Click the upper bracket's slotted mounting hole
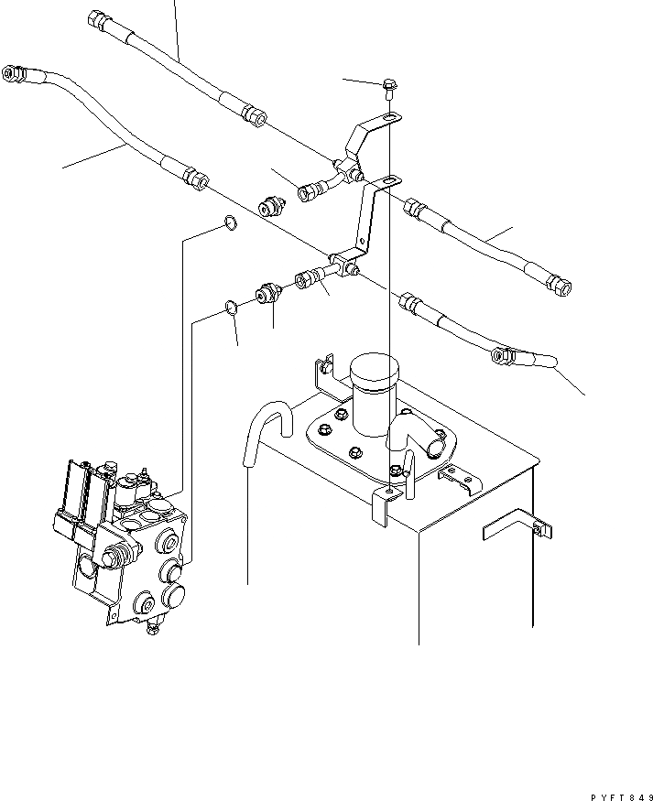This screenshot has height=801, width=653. (x=390, y=118)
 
